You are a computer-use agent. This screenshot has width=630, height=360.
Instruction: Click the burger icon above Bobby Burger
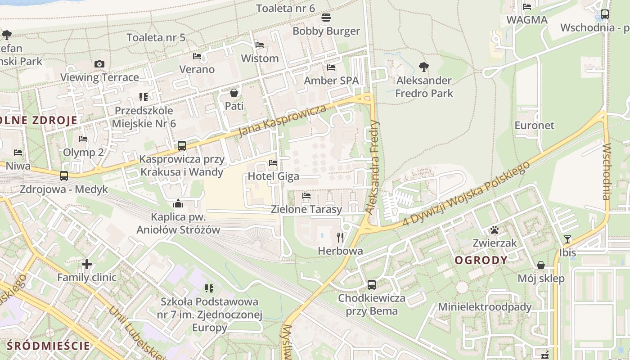point(326,18)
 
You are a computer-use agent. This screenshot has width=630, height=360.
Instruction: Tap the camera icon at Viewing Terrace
point(99,64)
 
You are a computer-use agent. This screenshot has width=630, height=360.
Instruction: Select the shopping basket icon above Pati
point(234,93)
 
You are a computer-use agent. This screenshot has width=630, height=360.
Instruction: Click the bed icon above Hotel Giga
point(273,163)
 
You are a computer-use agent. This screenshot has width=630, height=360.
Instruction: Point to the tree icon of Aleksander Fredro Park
point(423,67)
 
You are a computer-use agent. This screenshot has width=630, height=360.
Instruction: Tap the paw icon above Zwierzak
point(495,230)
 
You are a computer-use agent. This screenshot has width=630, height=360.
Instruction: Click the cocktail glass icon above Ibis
point(567,239)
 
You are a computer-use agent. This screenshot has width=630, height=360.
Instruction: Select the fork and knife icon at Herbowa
point(340,237)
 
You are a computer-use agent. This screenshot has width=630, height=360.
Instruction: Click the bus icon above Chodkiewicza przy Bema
point(371,284)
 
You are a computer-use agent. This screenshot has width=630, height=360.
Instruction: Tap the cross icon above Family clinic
point(87,264)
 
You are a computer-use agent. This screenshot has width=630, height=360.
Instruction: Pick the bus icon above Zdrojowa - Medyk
point(64,176)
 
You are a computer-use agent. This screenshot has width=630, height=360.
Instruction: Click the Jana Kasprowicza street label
point(282,121)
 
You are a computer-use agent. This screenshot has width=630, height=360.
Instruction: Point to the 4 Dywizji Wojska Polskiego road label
point(466,194)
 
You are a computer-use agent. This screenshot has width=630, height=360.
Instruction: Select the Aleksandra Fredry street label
point(373,167)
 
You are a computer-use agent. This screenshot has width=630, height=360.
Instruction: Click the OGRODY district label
point(481,260)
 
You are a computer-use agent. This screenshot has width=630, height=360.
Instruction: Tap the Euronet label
point(535,126)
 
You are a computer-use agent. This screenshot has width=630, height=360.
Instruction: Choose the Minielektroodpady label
point(485,307)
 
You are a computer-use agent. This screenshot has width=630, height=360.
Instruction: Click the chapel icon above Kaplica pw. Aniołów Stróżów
point(178,204)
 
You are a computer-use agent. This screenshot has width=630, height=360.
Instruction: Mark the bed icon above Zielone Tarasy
point(306,196)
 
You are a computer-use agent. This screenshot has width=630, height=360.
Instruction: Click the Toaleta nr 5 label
point(156,37)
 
